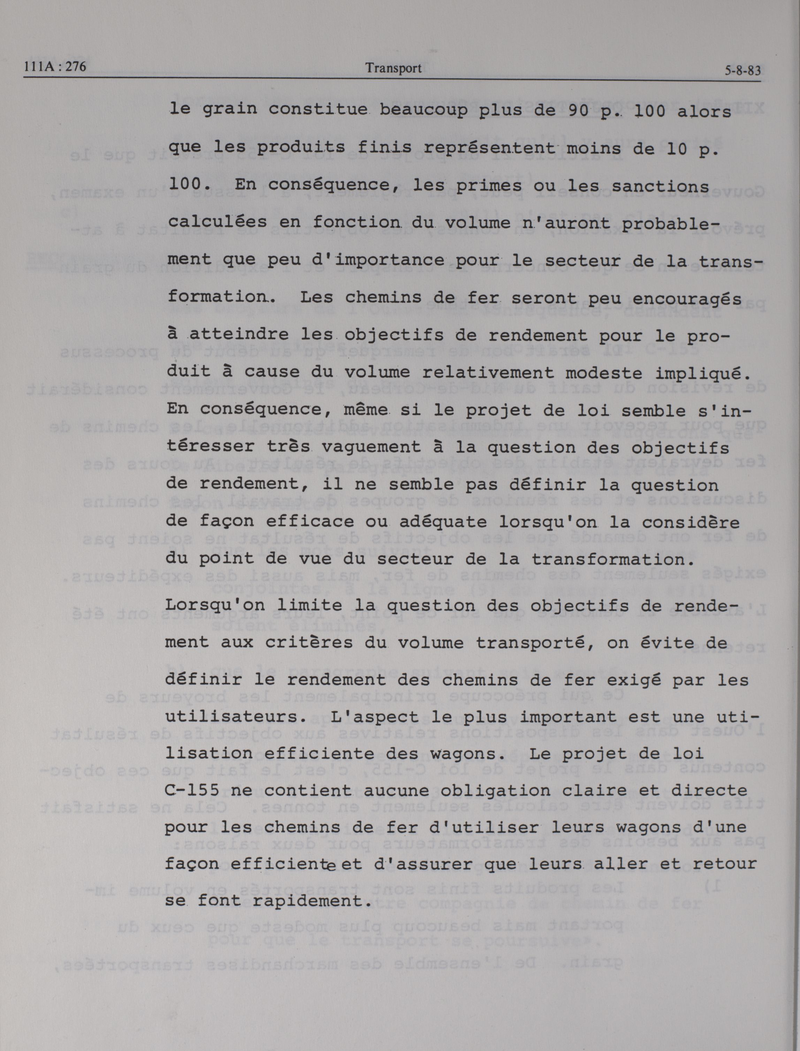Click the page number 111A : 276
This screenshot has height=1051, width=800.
coord(55,67)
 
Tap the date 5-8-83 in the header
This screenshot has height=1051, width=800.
coord(742,71)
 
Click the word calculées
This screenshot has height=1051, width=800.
coord(218,222)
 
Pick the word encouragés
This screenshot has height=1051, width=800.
coord(688,298)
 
